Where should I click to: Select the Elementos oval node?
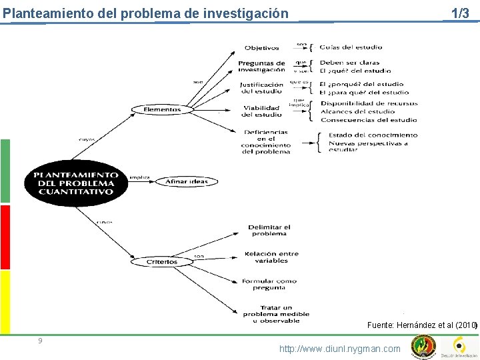click(x=162, y=109)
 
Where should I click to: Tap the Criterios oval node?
click(x=162, y=262)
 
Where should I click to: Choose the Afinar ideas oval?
click(x=186, y=181)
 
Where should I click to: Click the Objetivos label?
click(x=261, y=48)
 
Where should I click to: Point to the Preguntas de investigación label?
click(x=261, y=67)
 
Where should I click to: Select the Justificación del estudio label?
click(x=262, y=88)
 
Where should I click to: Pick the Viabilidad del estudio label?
click(x=262, y=111)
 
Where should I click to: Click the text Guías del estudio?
click(x=351, y=47)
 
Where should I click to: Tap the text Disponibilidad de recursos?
click(x=369, y=103)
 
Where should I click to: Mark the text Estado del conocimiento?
click(x=369, y=135)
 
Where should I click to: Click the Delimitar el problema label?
click(x=269, y=231)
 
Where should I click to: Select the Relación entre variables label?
click(x=271, y=257)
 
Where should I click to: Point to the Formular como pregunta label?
click(x=269, y=284)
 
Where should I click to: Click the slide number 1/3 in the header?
click(x=460, y=13)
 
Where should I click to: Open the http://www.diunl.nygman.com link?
click(x=340, y=349)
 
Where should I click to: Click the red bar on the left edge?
click(x=5, y=237)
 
